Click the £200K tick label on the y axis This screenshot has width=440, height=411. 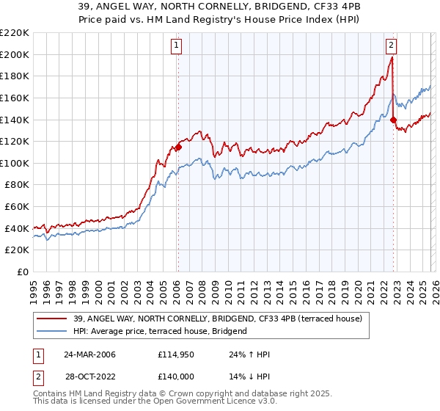point(15,54)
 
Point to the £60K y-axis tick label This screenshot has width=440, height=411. point(17,207)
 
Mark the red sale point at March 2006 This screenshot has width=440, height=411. point(178,147)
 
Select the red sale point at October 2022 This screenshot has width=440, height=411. point(394,120)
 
